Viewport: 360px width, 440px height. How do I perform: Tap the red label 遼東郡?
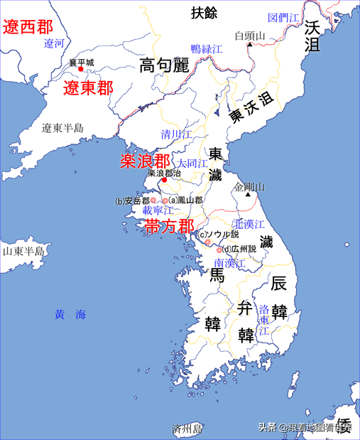(x=88, y=88)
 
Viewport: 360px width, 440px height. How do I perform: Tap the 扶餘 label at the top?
(x=207, y=11)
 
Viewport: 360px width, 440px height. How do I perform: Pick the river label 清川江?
(x=176, y=134)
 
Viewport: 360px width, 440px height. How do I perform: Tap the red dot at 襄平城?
(x=81, y=69)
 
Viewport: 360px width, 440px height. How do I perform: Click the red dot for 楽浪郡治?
(x=165, y=181)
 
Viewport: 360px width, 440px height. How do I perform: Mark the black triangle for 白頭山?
(x=250, y=45)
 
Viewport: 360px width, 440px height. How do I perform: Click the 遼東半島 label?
(x=62, y=129)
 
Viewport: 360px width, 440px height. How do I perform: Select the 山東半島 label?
(x=23, y=252)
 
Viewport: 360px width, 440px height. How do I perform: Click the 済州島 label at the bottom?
(x=187, y=429)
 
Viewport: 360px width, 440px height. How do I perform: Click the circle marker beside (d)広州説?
(x=219, y=249)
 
